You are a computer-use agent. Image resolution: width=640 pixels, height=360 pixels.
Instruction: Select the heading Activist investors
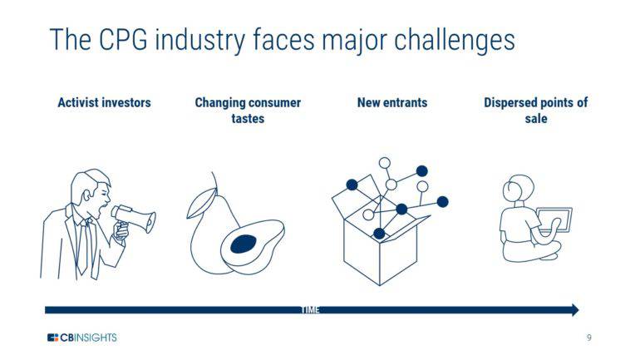coord(104,103)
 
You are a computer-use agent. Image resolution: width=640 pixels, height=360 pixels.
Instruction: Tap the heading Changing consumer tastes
coord(248,111)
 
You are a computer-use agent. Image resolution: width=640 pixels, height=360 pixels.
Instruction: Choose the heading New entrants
coord(392,103)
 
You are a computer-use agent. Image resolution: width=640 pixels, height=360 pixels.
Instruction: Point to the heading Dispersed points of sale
coord(535,111)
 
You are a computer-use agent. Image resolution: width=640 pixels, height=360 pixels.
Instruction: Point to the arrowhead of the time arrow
coord(574,310)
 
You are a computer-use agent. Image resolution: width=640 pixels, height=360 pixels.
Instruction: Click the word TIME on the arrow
coord(309,310)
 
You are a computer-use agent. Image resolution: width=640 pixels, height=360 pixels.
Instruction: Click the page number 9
coord(588,338)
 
